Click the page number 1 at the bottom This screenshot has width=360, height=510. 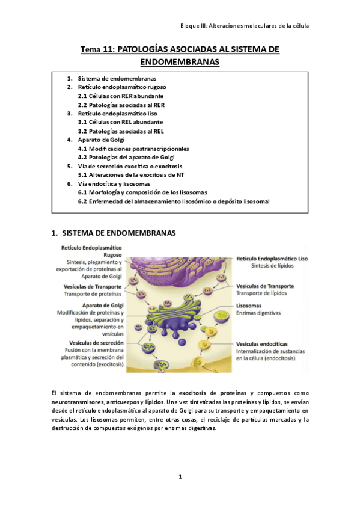coord(180,476)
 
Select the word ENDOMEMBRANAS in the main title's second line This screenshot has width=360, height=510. coord(180,62)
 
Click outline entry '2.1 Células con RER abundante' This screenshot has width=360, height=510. coord(120,96)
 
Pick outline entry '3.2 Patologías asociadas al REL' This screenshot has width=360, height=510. coord(120,131)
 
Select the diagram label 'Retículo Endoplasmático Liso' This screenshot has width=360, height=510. coord(272,257)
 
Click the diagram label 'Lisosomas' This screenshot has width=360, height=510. coord(249,306)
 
